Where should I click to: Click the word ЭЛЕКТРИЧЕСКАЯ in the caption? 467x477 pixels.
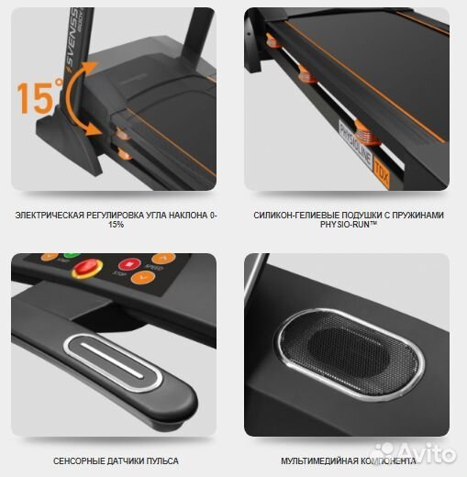(x=54, y=216)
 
